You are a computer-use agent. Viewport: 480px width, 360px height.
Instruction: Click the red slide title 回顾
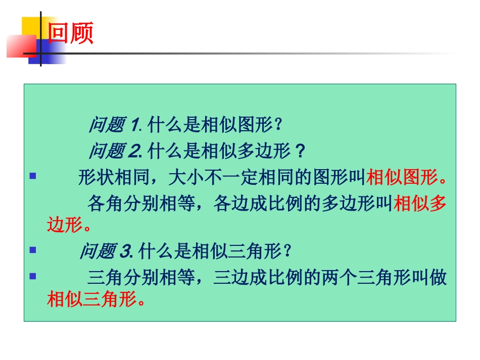pos(71,33)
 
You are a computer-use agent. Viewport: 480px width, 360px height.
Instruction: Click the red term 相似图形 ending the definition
pos(402,178)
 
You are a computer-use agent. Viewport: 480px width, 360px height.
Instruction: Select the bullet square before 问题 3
pos(33,249)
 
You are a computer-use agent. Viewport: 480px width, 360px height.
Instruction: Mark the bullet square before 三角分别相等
pos(33,276)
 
